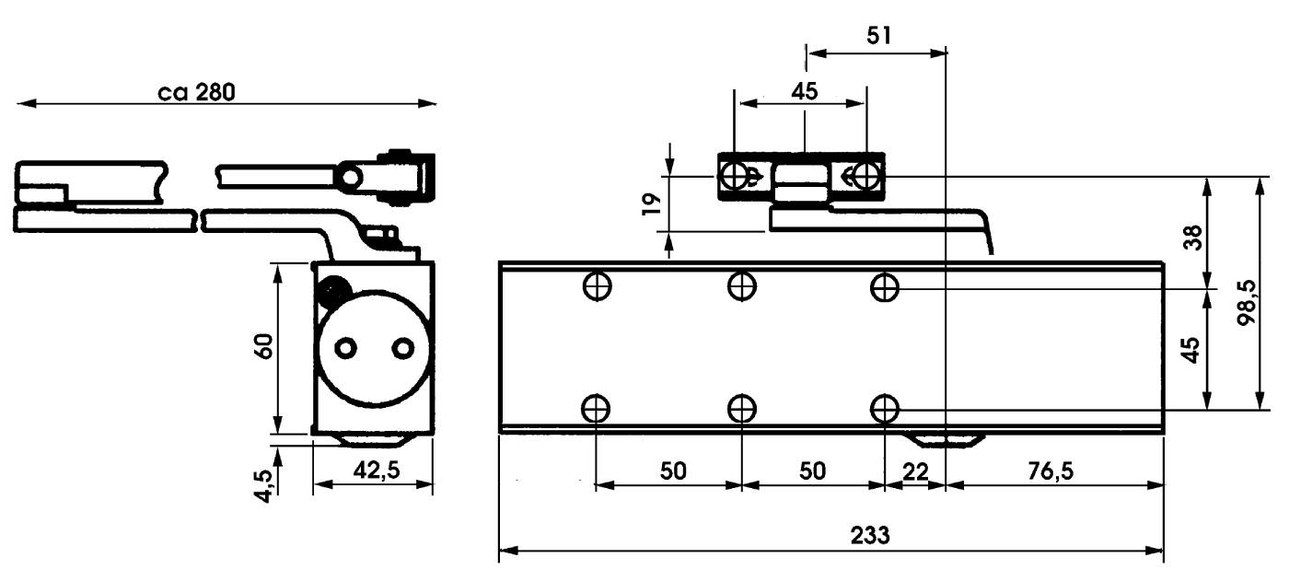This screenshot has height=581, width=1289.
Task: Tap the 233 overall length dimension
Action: pyautogui.click(x=870, y=536)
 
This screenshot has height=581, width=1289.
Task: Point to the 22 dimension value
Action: pyautogui.click(x=915, y=471)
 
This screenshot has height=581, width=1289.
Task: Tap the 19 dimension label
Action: pyautogui.click(x=650, y=203)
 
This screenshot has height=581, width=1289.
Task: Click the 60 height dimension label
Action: pyautogui.click(x=265, y=347)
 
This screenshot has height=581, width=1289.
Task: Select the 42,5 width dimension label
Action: pyautogui.click(x=375, y=470)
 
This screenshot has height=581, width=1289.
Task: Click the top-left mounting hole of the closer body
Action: pyautogui.click(x=598, y=287)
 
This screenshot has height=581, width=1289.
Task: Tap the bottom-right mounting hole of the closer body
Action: pyautogui.click(x=885, y=407)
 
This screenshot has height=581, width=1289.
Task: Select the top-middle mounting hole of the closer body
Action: pyautogui.click(x=741, y=287)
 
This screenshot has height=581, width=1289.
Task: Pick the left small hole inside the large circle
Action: pyautogui.click(x=346, y=348)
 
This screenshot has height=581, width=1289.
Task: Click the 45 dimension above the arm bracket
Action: pyautogui.click(x=804, y=91)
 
